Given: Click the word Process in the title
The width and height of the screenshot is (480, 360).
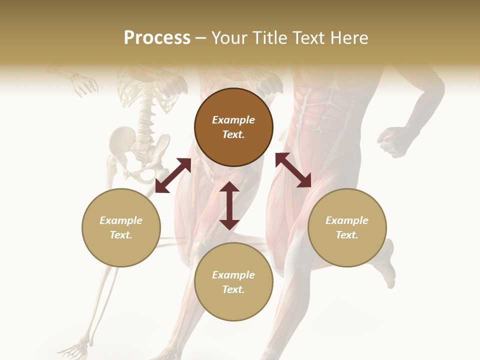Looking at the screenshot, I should pos(157,38).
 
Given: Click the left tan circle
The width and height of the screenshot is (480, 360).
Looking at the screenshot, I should pos(121,227).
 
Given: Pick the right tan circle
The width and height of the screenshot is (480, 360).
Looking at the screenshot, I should pos(347,227).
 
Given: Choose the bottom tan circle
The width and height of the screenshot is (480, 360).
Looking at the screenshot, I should pos(233,282).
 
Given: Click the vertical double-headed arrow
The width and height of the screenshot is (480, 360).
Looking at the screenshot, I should pos(229,205).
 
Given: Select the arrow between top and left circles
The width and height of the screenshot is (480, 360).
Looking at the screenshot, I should pos(173,175).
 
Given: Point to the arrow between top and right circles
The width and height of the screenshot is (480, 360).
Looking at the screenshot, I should pos(293,170).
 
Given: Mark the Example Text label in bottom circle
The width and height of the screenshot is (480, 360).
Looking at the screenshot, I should pos(233,282).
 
